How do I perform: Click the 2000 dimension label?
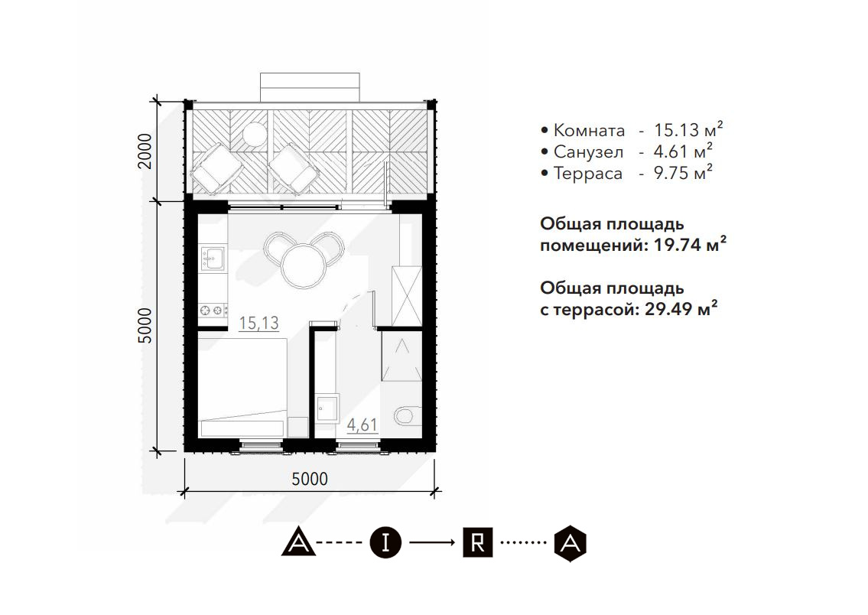pyautogui.click(x=145, y=151)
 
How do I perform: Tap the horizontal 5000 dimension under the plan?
pyautogui.click(x=310, y=479)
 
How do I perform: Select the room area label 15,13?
pyautogui.click(x=258, y=323)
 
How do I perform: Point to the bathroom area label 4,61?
pyautogui.click(x=362, y=425)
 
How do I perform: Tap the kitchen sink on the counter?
pyautogui.click(x=213, y=259)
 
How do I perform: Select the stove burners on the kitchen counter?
pyautogui.click(x=213, y=311)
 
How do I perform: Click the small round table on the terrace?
pyautogui.click(x=255, y=133)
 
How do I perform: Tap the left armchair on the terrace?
pyautogui.click(x=217, y=169)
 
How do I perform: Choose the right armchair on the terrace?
pyautogui.click(x=294, y=169)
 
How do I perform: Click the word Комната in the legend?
pyautogui.click(x=589, y=131)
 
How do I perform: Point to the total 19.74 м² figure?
pyautogui.click(x=691, y=244)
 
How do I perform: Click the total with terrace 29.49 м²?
pyautogui.click(x=681, y=308)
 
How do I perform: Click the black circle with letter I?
pyautogui.click(x=385, y=542)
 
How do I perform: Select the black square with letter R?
pyautogui.click(x=477, y=542)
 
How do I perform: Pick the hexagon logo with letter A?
pyautogui.click(x=571, y=543)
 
